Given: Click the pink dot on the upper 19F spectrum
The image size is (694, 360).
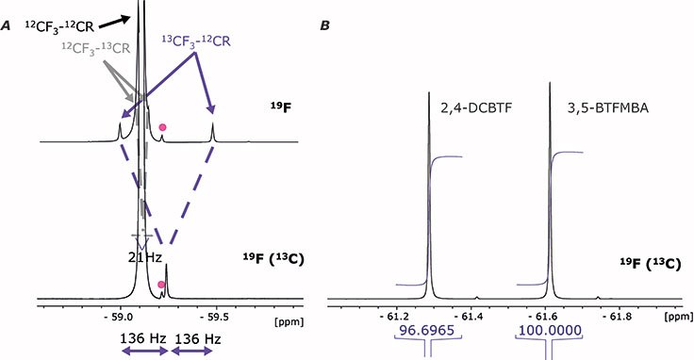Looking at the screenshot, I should [164, 126].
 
